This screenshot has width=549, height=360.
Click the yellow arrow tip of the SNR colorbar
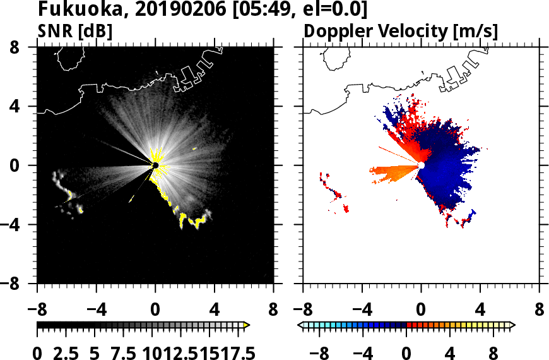247,325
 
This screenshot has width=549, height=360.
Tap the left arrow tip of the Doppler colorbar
300,325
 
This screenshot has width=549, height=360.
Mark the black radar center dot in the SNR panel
155,165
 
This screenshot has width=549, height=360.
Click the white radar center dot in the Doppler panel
421,165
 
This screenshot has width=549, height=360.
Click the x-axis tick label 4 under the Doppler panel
480,310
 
